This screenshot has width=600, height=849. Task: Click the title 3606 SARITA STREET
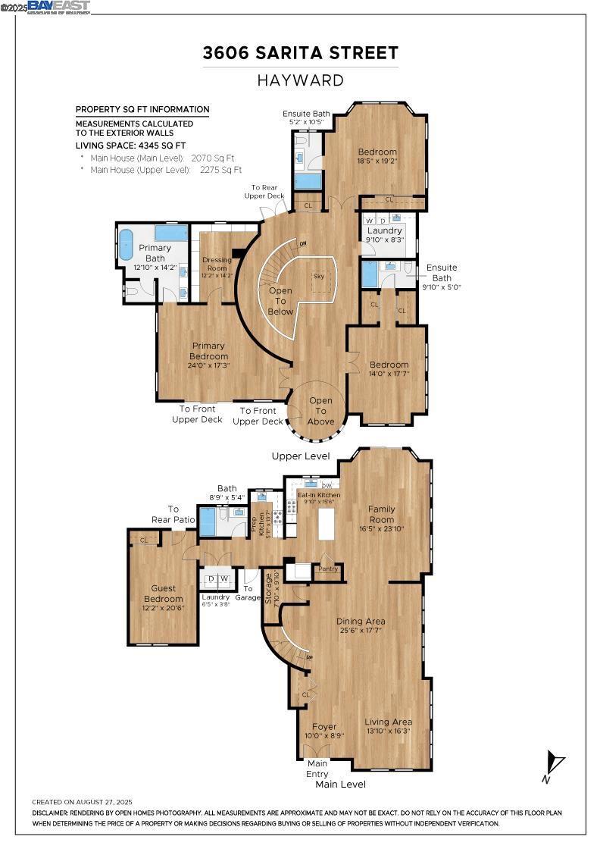300,53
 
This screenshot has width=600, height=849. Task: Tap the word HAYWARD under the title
300,80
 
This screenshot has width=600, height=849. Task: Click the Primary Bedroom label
208,351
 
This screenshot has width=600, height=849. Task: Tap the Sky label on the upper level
319,276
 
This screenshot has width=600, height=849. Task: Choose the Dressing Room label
216,263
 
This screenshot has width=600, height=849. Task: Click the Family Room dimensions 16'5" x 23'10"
382,529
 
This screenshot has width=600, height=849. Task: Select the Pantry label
328,569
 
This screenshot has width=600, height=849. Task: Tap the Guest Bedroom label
164,594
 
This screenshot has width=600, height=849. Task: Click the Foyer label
324,727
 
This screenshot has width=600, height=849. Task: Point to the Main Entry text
317,769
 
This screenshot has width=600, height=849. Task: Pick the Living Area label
388,722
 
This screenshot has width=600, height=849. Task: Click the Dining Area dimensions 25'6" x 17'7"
361,631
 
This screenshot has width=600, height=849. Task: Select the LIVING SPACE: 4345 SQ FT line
130,145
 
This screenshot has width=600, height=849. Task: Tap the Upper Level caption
301,456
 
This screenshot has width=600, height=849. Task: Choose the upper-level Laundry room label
384,230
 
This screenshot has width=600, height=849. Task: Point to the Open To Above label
320,411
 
